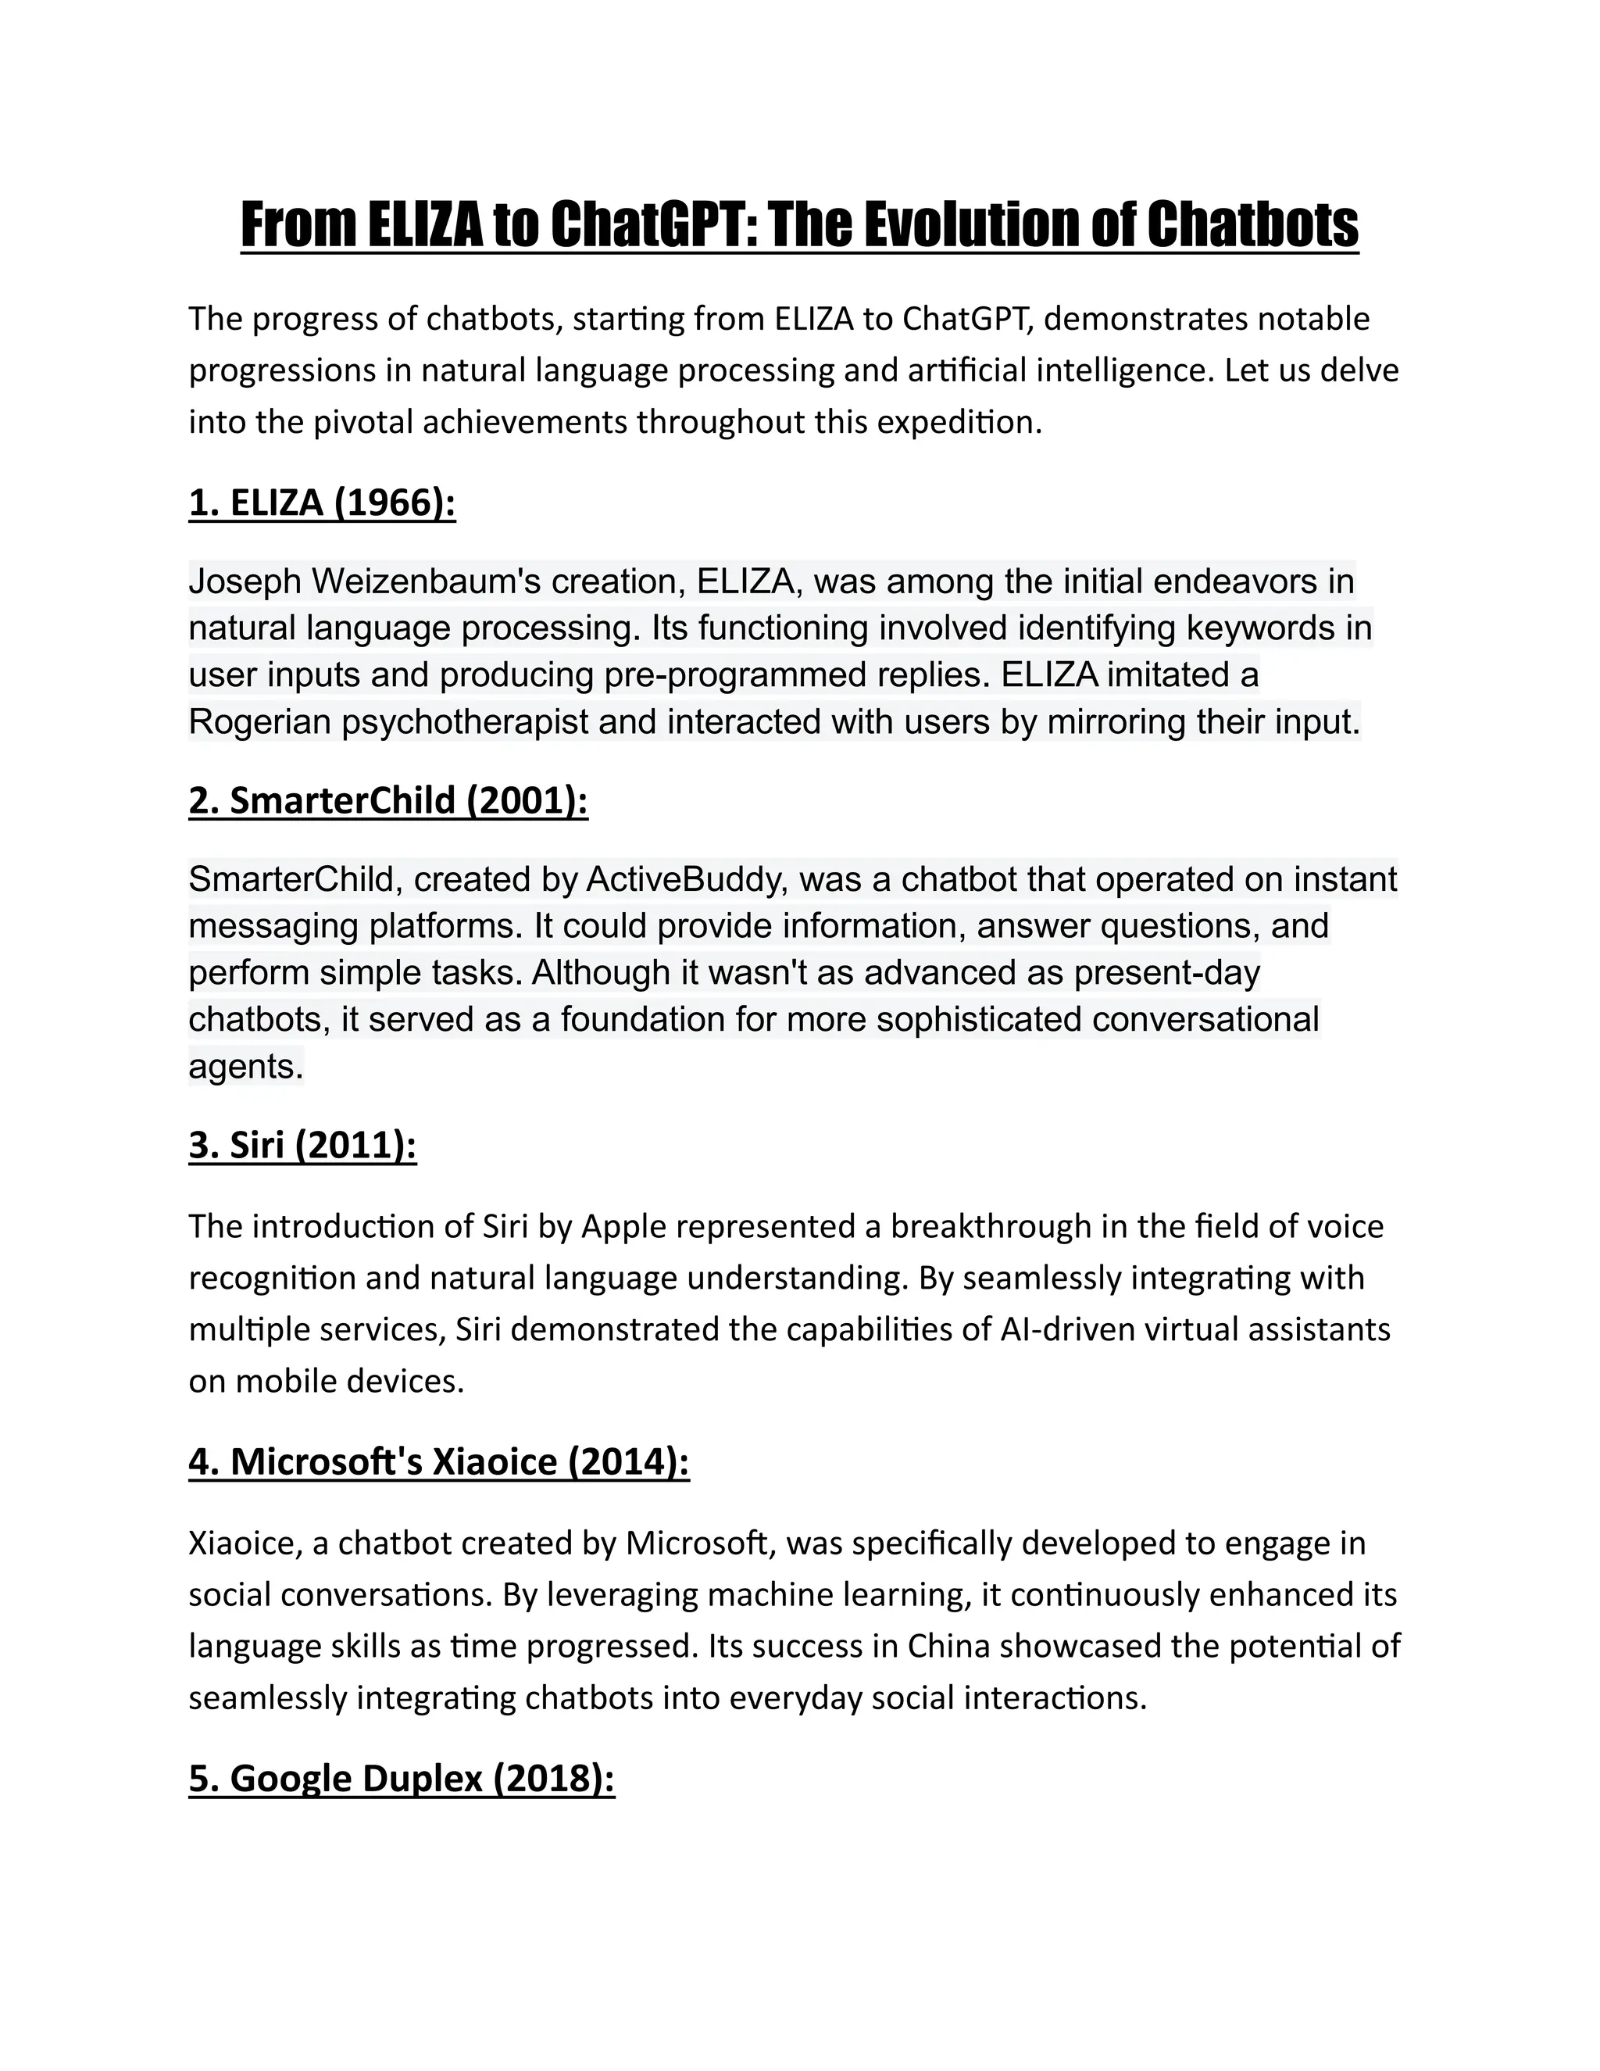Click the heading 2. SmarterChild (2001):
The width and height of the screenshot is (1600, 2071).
pyautogui.click(x=387, y=800)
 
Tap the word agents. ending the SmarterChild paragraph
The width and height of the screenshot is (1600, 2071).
pyautogui.click(x=245, y=1066)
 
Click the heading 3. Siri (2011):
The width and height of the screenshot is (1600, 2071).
pyautogui.click(x=302, y=1146)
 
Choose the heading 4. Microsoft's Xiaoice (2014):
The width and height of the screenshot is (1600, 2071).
pyautogui.click(x=439, y=1461)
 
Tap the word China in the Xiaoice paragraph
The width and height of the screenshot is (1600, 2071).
pyautogui.click(x=948, y=1645)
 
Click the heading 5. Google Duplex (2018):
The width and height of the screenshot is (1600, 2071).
pyautogui.click(x=402, y=1778)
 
